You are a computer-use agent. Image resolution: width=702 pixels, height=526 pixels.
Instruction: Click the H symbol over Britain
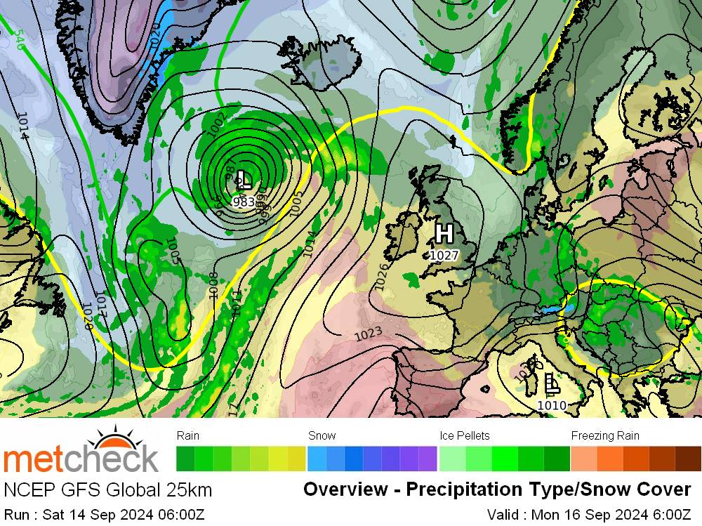444,232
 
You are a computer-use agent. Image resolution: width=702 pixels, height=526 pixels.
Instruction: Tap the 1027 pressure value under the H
443,256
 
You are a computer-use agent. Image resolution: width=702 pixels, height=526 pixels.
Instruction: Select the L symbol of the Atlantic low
244,178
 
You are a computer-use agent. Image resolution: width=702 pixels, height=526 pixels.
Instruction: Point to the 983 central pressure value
243,202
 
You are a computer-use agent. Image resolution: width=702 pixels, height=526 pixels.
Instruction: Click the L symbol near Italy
552,383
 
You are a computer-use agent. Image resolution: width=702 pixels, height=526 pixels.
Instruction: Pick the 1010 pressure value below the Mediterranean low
552,405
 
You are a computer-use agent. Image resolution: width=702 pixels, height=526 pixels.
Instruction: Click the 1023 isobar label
368,334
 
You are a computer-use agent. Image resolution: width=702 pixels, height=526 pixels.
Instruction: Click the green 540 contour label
19,39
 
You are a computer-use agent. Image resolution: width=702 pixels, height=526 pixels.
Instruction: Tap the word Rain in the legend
188,435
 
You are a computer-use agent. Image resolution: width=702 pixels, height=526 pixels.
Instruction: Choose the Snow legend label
322,435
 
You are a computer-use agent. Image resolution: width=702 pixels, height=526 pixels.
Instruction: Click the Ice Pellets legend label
464,435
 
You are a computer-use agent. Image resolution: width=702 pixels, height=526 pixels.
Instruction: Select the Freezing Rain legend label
604,435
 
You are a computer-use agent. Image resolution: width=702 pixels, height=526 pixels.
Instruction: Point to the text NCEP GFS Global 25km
107,489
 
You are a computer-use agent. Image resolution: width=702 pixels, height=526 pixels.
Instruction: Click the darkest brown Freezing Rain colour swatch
688,459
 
